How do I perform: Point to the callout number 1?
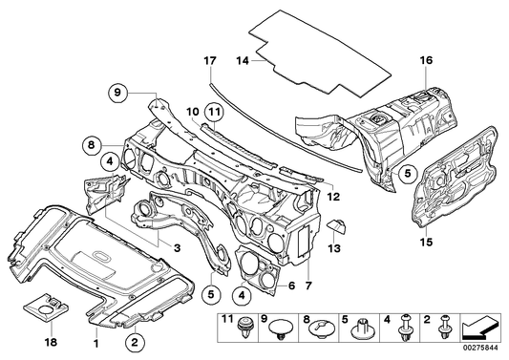pos(95,340)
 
